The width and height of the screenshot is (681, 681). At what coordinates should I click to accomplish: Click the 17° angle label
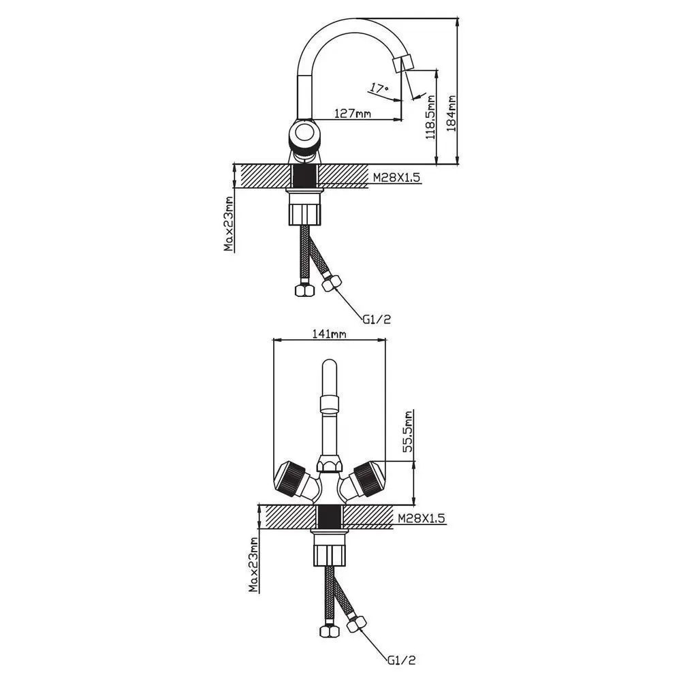point(379,88)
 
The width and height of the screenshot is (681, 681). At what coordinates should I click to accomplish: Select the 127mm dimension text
point(353,113)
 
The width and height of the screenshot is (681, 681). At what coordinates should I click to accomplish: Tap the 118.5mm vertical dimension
point(430,117)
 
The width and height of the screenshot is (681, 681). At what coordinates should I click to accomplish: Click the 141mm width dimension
point(329,334)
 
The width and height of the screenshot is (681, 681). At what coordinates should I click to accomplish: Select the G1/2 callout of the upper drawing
point(377,319)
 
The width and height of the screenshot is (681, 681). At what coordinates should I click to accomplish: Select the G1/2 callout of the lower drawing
point(402,661)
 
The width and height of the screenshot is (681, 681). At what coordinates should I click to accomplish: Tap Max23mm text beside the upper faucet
point(229,223)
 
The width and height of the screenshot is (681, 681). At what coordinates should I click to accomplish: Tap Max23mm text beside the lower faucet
point(253,565)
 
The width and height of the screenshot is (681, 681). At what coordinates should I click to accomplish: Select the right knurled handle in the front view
point(368,478)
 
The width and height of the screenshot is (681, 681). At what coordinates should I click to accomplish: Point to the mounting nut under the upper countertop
point(305,210)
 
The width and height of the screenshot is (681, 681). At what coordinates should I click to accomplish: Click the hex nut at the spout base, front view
point(329,464)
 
